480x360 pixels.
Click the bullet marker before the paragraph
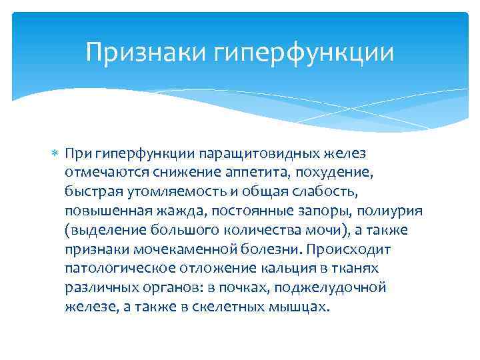pos(56,154)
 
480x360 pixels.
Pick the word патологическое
pos(114,269)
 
